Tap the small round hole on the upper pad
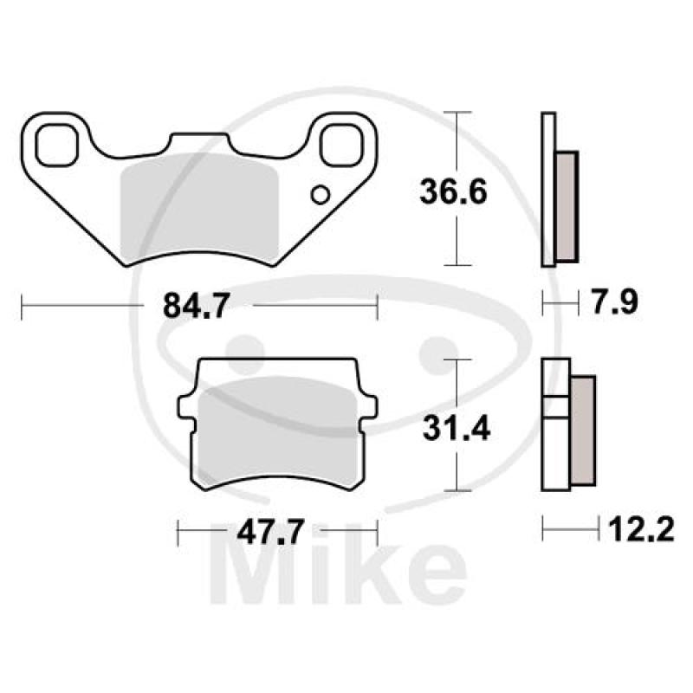(x=321, y=195)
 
